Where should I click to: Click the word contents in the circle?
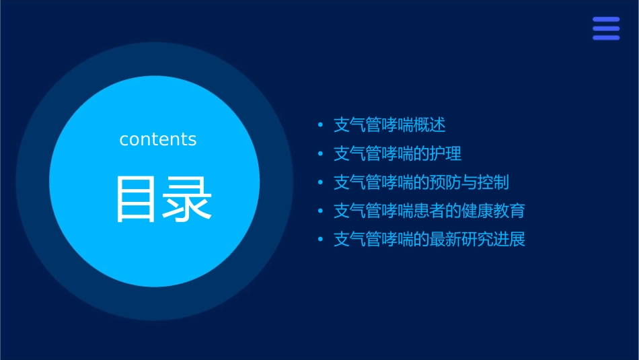pos(158,139)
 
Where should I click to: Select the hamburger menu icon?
pos(606,28)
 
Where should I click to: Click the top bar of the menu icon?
pos(606,20)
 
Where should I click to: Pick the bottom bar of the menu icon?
pos(606,38)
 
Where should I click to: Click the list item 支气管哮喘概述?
pos(389,125)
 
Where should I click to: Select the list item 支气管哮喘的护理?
pos(398,153)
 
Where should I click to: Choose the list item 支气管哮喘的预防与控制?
pos(421,182)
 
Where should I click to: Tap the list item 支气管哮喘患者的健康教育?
pos(429,211)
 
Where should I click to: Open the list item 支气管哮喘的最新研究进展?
pos(429,240)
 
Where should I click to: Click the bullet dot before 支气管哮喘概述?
pos(320,125)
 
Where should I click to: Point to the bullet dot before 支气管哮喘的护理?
pos(320,154)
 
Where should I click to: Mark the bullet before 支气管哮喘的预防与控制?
pos(320,182)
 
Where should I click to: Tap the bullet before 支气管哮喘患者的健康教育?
pos(320,211)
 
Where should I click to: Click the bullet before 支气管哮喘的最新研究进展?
pos(320,240)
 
